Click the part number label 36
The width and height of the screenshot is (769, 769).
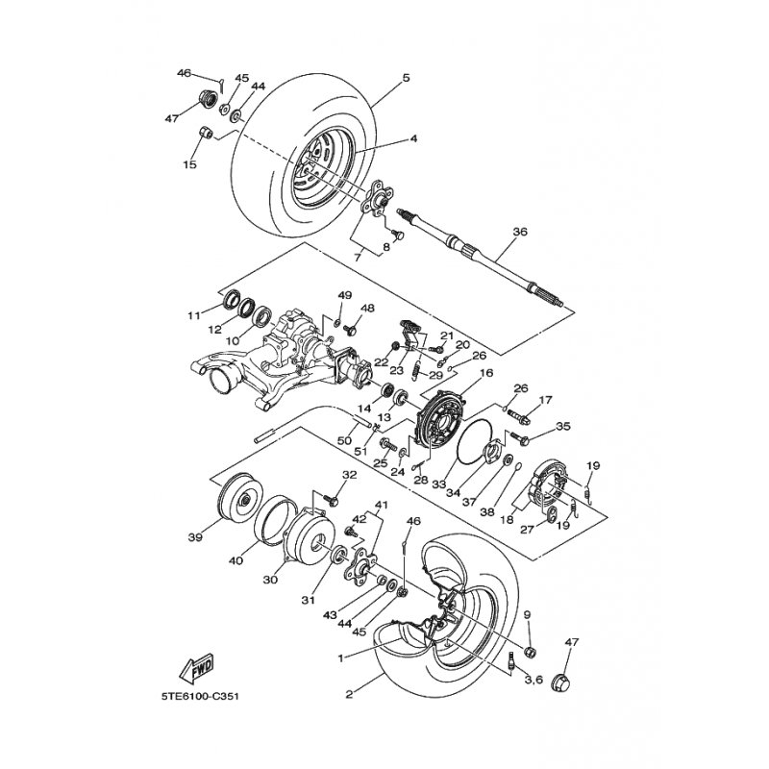[x=520, y=232]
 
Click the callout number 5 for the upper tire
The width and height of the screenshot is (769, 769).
[x=407, y=77]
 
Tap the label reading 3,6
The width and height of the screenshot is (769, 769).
[x=533, y=680]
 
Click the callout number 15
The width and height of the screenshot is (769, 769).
[x=189, y=165]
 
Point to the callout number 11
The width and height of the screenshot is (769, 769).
[x=193, y=314]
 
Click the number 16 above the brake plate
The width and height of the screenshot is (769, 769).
[x=485, y=373]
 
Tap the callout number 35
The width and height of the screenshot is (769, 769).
[x=563, y=426]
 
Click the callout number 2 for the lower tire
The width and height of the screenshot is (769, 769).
[x=350, y=691]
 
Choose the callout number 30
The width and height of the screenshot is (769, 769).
[x=271, y=580]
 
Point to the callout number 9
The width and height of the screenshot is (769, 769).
[x=528, y=614]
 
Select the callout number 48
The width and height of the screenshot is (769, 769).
[x=367, y=308]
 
